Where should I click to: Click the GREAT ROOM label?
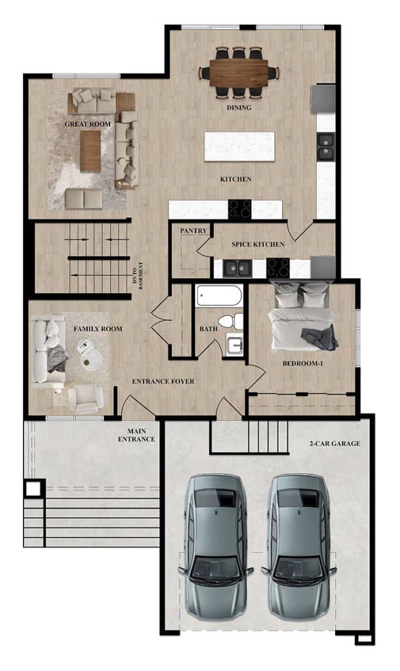tap(88, 124)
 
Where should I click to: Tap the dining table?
tap(239, 73)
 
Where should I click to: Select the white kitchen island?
tap(240, 146)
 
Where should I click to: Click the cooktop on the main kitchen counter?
tap(240, 209)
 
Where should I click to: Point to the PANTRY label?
tap(194, 231)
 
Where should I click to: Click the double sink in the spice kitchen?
tap(236, 268)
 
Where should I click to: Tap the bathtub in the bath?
tap(219, 296)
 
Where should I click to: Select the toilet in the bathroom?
tap(230, 321)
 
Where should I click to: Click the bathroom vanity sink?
tap(234, 345)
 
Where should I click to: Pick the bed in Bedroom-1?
tap(302, 315)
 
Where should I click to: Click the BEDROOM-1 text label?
tap(302, 364)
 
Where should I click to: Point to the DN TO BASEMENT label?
tap(138, 276)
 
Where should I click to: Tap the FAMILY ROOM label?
tap(98, 329)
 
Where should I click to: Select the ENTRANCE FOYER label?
tap(163, 381)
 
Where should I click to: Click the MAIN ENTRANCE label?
tap(137, 435)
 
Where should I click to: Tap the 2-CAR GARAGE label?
tap(335, 444)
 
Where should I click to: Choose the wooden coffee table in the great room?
tap(90, 151)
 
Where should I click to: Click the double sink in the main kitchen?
tap(325, 147)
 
